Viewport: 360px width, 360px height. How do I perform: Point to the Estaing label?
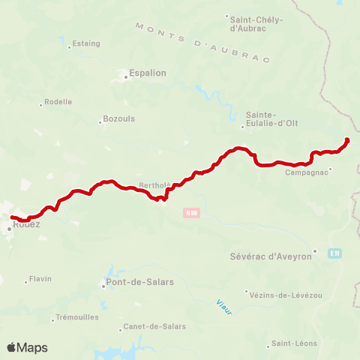click(x=86, y=43)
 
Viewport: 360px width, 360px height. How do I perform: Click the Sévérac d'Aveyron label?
click(x=269, y=256)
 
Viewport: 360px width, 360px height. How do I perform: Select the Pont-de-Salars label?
click(x=137, y=283)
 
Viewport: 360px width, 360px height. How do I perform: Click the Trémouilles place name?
click(x=77, y=317)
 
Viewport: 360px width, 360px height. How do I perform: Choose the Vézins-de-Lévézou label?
click(x=287, y=295)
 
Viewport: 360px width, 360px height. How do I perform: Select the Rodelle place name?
click(x=58, y=101)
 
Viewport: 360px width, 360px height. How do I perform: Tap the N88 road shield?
click(x=191, y=213)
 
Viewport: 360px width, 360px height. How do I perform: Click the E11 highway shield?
click(x=334, y=253)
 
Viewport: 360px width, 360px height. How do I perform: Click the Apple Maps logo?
click(x=27, y=347)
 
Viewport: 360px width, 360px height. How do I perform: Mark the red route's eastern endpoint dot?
click(x=347, y=140)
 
